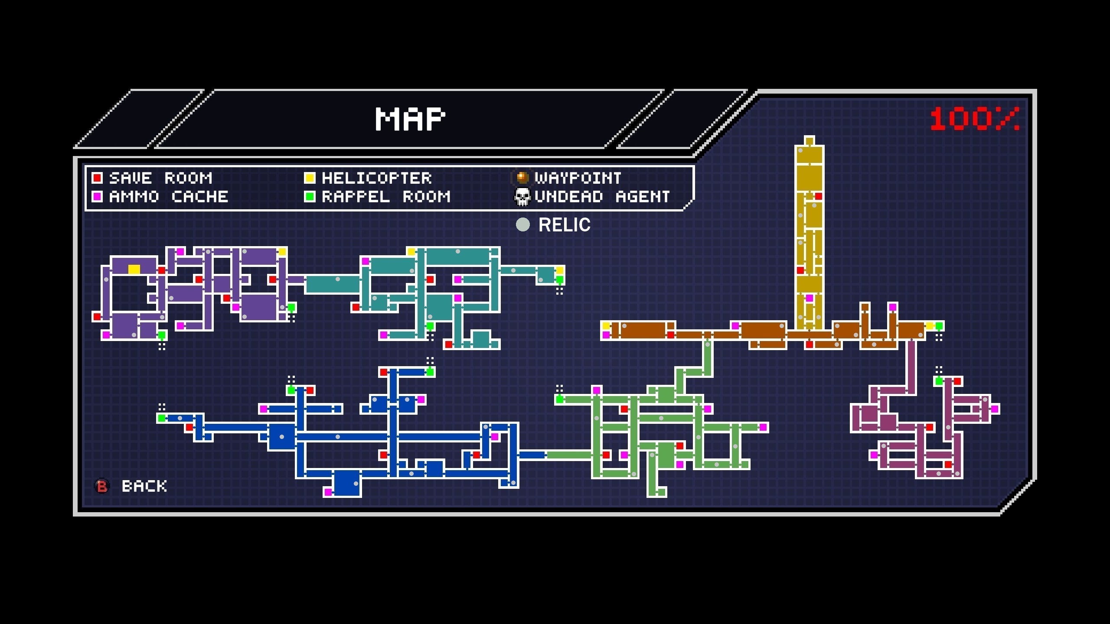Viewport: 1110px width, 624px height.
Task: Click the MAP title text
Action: tap(410, 119)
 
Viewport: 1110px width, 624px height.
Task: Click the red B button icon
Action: tap(102, 486)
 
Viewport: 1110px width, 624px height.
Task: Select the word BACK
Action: tap(144, 486)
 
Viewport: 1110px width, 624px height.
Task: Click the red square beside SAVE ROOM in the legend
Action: tap(97, 178)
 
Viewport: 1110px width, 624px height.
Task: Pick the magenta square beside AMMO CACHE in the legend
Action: tap(97, 197)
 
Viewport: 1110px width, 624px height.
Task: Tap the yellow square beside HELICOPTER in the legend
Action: tap(310, 178)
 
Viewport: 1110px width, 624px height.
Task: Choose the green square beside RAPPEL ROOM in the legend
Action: tap(310, 197)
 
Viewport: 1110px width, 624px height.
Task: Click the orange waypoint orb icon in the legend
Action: tap(522, 177)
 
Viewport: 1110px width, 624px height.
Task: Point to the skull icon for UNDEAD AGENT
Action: tap(522, 197)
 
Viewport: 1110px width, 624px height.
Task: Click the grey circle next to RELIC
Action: tap(523, 224)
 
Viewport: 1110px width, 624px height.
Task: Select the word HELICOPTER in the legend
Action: tap(376, 178)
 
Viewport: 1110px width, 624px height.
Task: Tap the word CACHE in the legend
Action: tap(200, 197)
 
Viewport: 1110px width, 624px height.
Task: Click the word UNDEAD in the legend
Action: tap(569, 197)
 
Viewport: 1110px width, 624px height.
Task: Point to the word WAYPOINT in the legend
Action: tap(578, 178)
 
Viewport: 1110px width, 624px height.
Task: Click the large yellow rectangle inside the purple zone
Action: tap(134, 270)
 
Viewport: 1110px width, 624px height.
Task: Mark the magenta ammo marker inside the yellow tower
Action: tap(809, 298)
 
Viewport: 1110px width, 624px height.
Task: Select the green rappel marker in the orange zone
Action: tap(939, 326)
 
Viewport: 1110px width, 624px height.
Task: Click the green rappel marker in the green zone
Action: tap(559, 399)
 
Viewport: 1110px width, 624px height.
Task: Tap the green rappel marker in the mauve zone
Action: tap(939, 381)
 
